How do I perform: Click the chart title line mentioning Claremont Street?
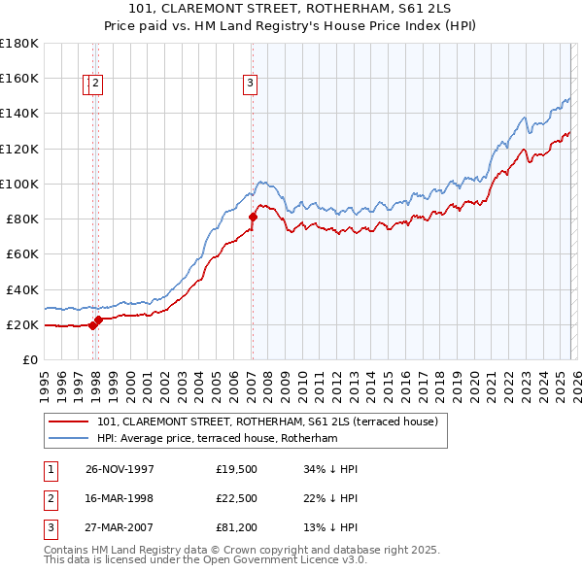(x=291, y=10)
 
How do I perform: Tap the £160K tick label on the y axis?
(x=19, y=78)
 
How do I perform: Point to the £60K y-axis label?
(x=22, y=253)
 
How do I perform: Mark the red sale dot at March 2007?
(x=253, y=217)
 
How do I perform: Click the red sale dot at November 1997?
(x=93, y=325)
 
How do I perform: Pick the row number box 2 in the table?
(x=50, y=500)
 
